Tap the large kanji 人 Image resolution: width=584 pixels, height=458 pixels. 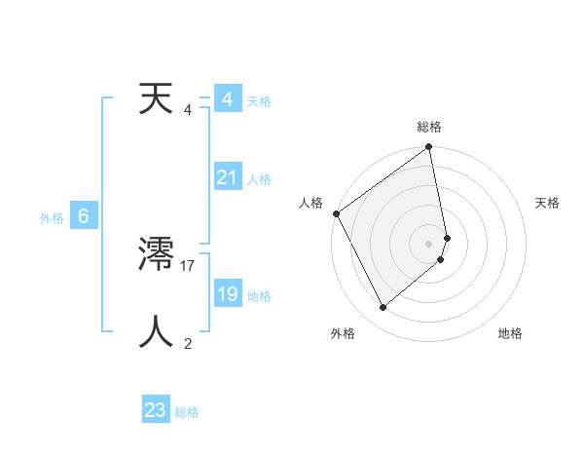point(156,331)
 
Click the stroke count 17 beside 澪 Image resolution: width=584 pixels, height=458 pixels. point(189,264)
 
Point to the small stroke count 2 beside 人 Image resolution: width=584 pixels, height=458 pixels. point(188,343)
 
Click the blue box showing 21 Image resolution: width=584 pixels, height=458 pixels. point(228,177)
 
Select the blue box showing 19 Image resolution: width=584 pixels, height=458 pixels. point(228,294)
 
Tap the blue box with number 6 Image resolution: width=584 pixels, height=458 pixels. point(84,216)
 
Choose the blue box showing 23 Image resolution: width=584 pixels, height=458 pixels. point(155,410)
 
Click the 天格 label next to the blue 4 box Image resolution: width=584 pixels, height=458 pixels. point(259,101)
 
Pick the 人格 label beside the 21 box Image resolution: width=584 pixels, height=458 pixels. point(259,179)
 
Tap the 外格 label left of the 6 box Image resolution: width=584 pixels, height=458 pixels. point(52,218)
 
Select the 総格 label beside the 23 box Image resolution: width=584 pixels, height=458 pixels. point(187,412)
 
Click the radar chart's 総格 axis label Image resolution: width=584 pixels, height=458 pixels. point(429,127)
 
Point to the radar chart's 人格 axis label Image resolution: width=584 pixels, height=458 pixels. point(310,203)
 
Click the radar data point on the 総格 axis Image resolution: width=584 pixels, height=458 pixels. point(429,148)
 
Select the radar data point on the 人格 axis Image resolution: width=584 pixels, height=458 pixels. point(336,213)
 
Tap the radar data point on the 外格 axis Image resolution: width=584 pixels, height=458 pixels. point(383,308)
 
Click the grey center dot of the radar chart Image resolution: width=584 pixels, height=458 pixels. point(429,243)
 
